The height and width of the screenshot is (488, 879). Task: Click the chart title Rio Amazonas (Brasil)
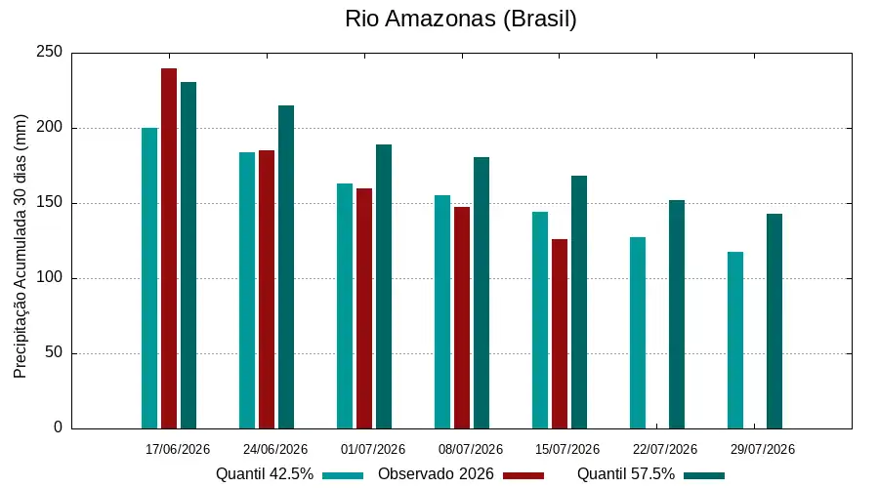(x=461, y=20)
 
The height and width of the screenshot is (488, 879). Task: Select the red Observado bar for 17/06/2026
(x=169, y=249)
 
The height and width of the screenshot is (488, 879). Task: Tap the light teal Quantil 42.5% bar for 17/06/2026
(x=149, y=278)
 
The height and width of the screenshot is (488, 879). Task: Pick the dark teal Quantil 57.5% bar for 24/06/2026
(x=286, y=267)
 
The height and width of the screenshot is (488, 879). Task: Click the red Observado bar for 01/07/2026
(x=364, y=308)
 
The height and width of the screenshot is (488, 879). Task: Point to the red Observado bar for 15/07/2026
(x=560, y=334)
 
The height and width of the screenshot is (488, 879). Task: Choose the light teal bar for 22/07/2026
(x=638, y=334)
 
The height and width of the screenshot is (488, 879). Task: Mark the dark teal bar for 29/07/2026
(x=774, y=322)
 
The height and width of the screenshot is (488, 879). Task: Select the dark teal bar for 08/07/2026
(x=481, y=293)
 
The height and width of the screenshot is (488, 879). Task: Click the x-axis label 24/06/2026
(x=275, y=449)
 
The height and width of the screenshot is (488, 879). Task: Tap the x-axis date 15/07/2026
(x=567, y=449)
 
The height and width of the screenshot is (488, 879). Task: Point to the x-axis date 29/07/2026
(x=763, y=449)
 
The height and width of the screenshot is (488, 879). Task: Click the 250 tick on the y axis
(x=50, y=52)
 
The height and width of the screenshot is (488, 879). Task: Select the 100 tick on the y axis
(x=50, y=278)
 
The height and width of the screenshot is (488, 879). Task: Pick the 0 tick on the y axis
(x=59, y=427)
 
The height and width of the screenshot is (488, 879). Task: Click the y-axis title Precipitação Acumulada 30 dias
(x=21, y=246)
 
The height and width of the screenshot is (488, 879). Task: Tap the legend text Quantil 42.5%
(x=265, y=474)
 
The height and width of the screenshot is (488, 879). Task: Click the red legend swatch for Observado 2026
(x=523, y=475)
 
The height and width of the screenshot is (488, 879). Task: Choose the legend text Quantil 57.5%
(x=626, y=474)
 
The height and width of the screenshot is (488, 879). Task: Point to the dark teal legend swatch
(x=704, y=475)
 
